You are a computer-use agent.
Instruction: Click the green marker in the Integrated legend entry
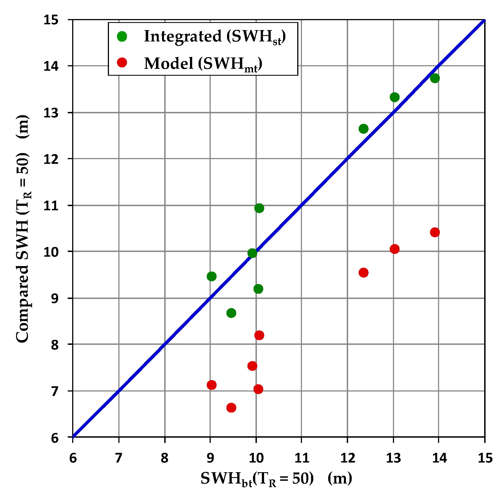coord(122,36)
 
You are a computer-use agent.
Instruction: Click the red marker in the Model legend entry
coord(122,63)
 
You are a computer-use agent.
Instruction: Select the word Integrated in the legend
coord(183,36)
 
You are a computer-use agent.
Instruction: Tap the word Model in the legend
coord(169,63)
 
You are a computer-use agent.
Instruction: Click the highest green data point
coord(435,78)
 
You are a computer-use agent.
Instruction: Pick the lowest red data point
coord(231,408)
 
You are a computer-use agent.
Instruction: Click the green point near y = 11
coord(259,208)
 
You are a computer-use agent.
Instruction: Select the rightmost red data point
coord(435,232)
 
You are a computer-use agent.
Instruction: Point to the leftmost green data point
coord(212,276)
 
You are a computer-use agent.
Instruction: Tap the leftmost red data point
coord(212,385)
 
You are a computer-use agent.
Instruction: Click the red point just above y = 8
coord(259,335)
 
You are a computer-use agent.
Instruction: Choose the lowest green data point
coord(231,313)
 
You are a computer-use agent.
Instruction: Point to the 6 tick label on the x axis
coord(73,458)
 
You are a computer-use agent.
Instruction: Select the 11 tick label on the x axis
coord(301,458)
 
